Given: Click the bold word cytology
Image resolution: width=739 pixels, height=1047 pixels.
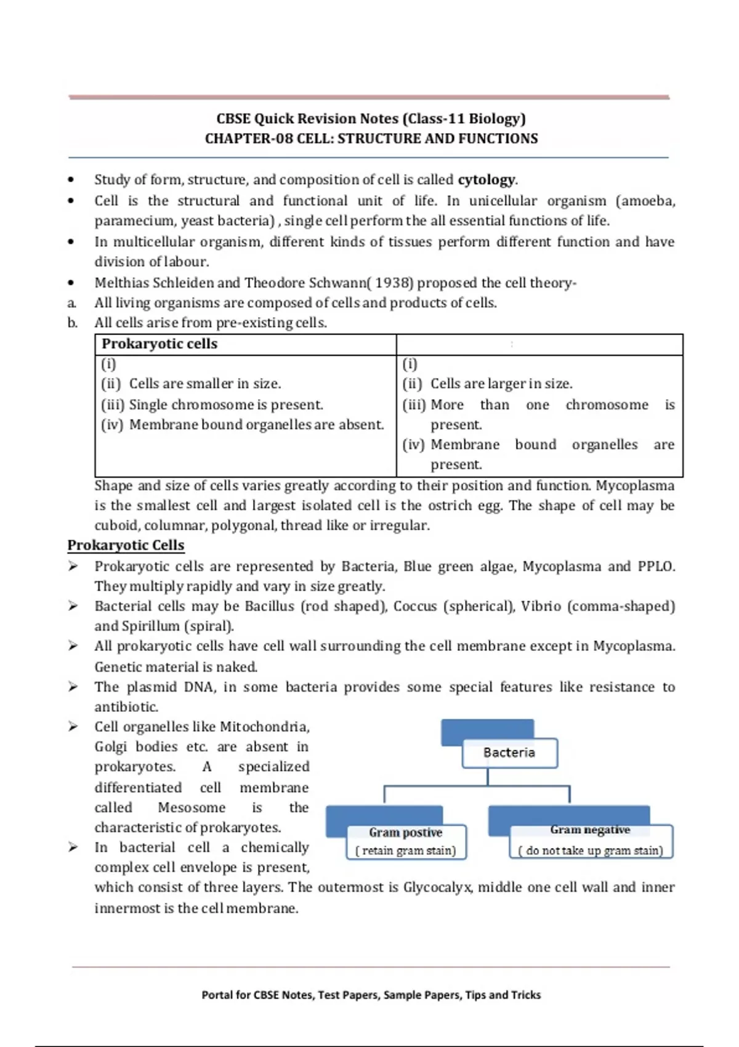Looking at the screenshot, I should pos(486,180).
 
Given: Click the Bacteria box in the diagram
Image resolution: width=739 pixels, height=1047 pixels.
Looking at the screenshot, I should pos(509,753).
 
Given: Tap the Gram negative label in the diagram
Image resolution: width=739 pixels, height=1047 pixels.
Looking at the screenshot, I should pos(590,830).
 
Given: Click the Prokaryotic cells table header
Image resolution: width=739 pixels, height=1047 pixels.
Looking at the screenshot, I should pos(160,344).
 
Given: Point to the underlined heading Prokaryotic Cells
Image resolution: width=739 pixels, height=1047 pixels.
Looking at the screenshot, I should pos(126,545).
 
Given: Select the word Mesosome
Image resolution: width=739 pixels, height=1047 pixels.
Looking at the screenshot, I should pos(192,807).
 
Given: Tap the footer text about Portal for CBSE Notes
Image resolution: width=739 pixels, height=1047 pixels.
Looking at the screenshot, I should pos(371,995).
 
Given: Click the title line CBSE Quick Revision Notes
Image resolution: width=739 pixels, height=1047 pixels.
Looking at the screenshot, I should pos(371,119).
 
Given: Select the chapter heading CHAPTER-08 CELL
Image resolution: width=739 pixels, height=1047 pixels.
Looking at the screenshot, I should pos(371,139).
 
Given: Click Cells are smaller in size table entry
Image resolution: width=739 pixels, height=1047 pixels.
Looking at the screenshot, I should pos(204,384).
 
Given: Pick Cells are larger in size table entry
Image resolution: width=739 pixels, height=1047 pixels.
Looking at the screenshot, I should pos(501,384).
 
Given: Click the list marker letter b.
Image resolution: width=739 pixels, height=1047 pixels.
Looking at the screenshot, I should pos(73,323).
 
